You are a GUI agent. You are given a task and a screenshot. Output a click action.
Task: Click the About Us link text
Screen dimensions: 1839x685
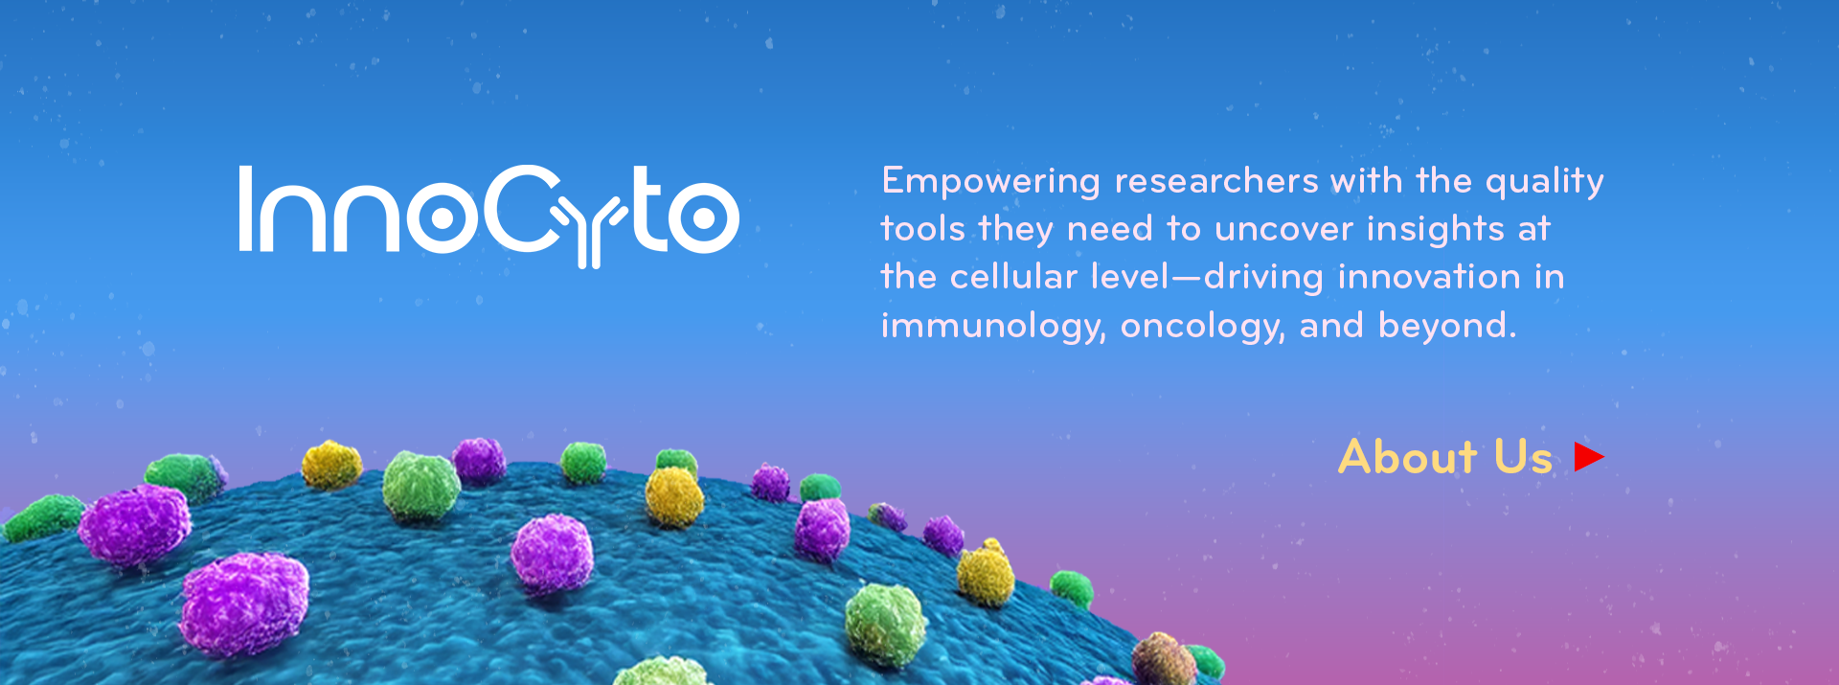point(1445,457)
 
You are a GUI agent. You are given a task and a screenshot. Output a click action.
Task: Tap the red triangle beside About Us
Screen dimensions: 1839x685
point(1589,457)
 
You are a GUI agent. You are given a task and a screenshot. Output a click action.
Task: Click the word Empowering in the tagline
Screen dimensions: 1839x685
point(991,182)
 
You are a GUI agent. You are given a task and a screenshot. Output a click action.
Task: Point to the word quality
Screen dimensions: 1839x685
point(1545,182)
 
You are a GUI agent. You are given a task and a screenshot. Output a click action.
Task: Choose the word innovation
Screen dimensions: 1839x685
point(1429,277)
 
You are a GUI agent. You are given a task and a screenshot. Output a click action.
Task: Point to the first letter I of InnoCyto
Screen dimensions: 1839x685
point(246,209)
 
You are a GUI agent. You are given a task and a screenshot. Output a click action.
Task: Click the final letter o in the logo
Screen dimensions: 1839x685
point(703,217)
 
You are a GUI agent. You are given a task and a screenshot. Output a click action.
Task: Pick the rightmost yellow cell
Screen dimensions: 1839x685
point(986,573)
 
